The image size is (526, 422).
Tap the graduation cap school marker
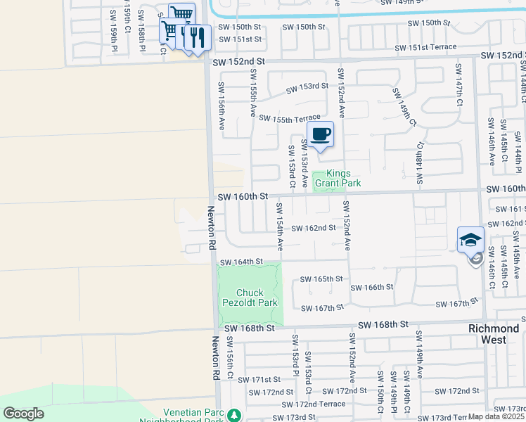click(x=470, y=240)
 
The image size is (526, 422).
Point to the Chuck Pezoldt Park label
click(x=250, y=298)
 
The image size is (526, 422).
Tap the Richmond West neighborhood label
click(x=494, y=334)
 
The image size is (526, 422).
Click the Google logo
click(x=23, y=414)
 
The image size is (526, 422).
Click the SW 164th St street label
click(x=241, y=262)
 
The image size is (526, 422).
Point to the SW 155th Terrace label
click(x=289, y=118)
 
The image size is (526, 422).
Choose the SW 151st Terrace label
click(x=425, y=47)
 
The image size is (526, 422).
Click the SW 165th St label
click(x=321, y=279)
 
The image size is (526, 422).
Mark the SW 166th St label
click(x=371, y=288)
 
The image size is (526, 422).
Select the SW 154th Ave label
click(x=279, y=226)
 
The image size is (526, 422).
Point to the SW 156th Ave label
click(x=221, y=105)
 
